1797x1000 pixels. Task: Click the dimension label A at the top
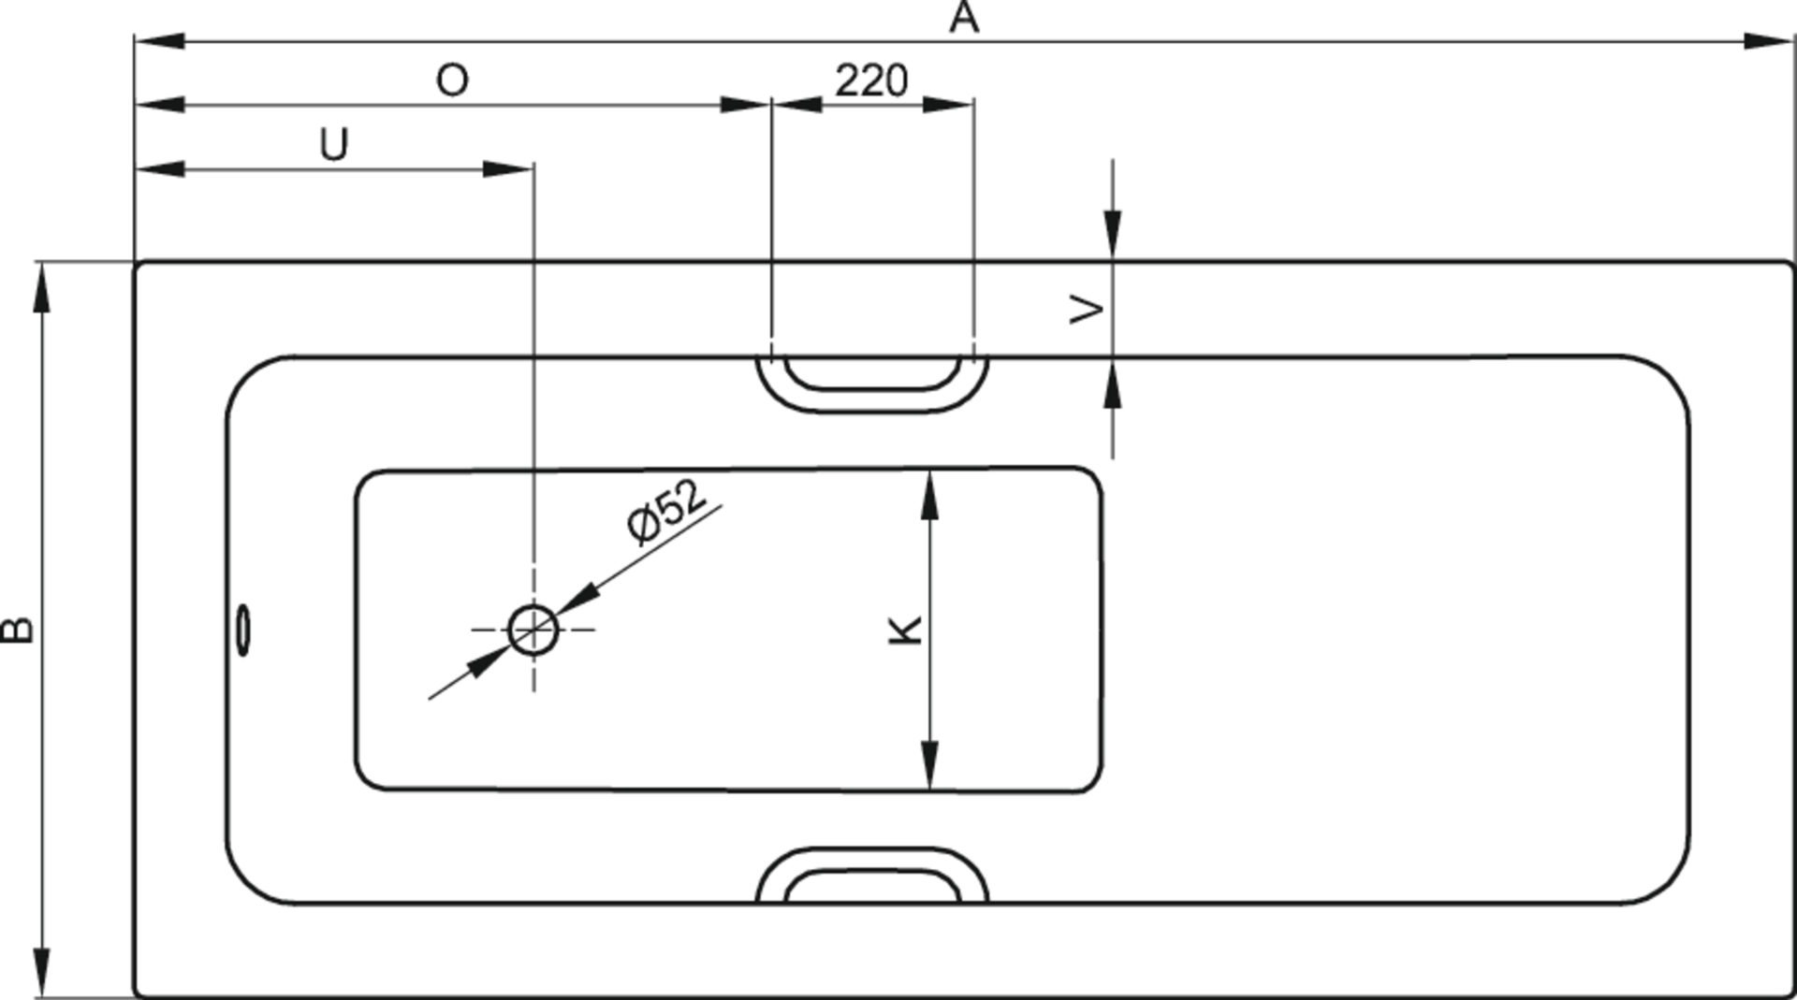click(964, 18)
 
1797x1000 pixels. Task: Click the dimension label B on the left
click(19, 629)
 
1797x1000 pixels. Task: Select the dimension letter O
click(453, 81)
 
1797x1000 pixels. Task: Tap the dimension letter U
click(334, 145)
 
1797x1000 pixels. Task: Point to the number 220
click(871, 81)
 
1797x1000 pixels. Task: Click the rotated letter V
click(1087, 309)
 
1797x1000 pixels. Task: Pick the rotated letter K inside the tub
click(905, 629)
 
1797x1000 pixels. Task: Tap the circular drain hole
click(533, 630)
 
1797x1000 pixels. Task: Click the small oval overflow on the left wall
click(243, 630)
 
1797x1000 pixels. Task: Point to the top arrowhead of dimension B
click(41, 286)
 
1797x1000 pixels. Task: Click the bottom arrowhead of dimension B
click(41, 973)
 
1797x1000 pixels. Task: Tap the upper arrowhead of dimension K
click(929, 495)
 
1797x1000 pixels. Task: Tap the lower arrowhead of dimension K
click(929, 765)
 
